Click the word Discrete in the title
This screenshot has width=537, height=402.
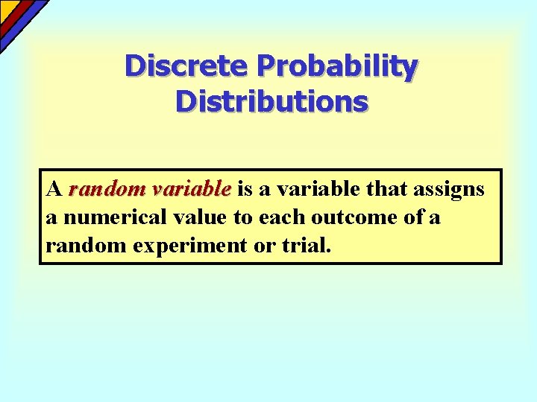[x=186, y=66]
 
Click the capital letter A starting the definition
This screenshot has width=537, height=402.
[x=53, y=189]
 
